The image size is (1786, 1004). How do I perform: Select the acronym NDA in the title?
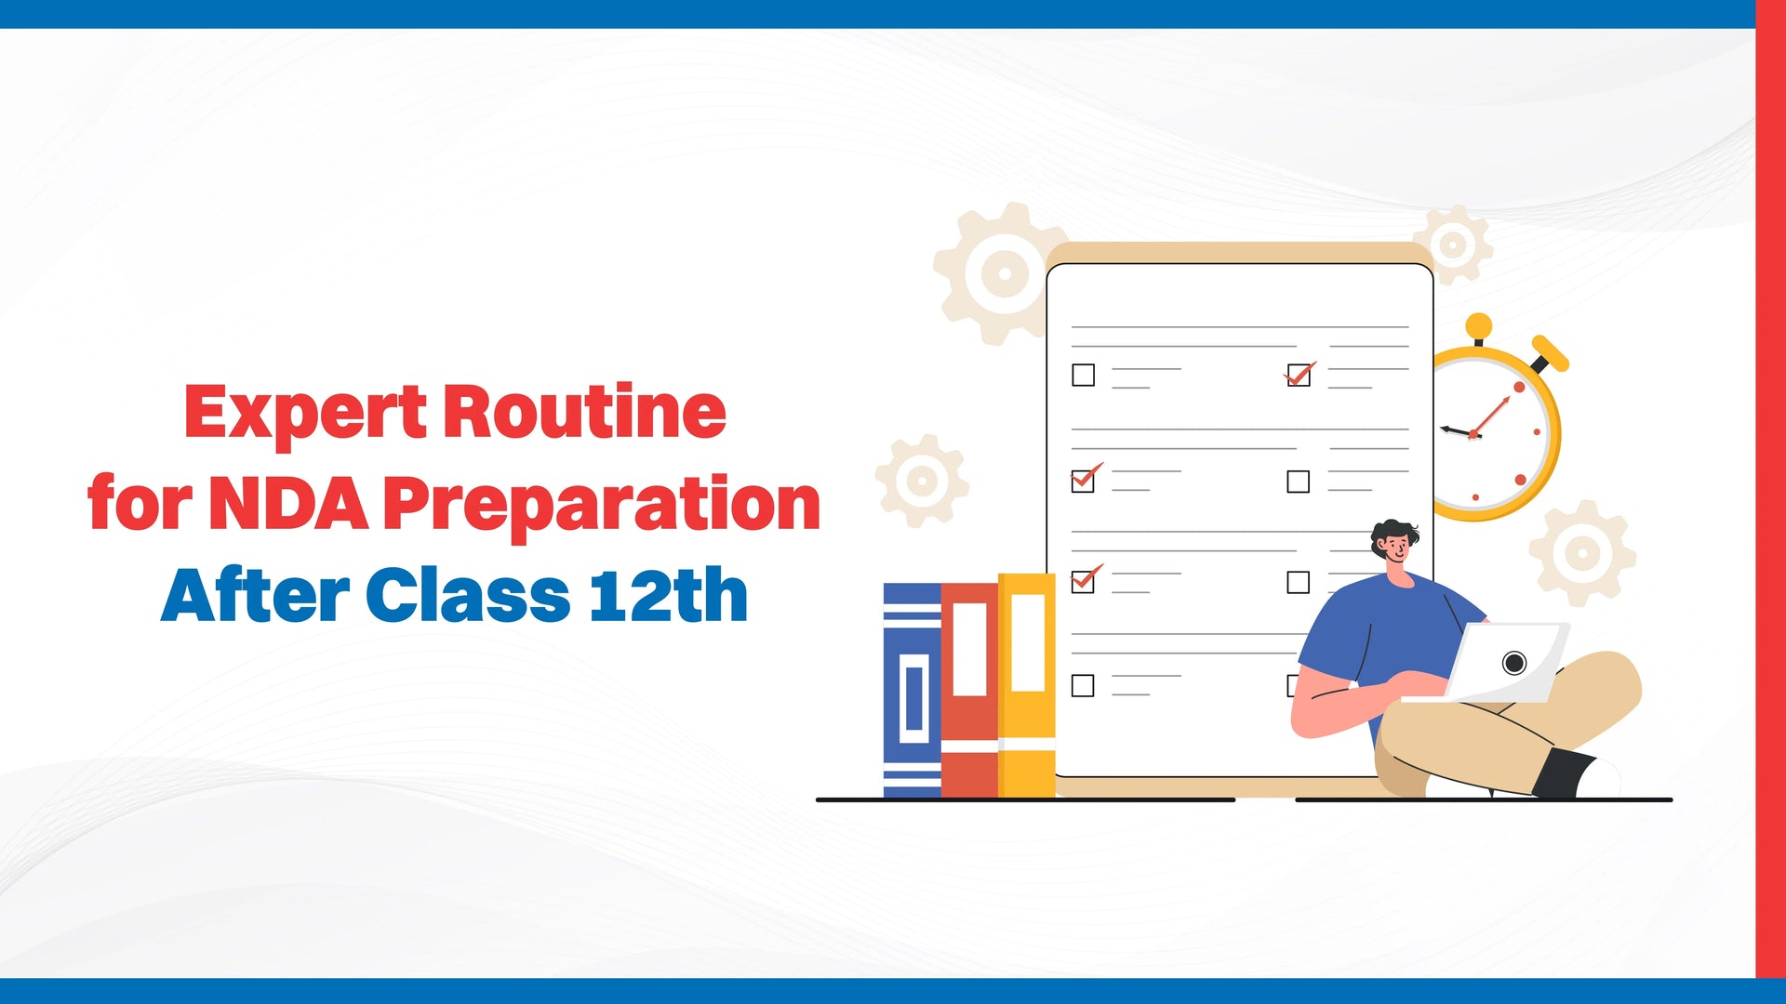point(288,503)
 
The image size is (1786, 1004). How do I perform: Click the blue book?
point(912,690)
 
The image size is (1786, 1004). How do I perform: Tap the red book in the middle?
point(969,690)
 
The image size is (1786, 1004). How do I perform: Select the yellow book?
point(1027,685)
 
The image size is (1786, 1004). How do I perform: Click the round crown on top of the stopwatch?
point(1478,327)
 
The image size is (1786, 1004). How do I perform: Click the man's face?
point(1394,548)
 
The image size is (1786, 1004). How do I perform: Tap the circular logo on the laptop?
point(1513,663)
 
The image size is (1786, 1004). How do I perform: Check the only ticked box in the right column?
point(1299,375)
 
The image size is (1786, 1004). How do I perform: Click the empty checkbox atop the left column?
point(1083,375)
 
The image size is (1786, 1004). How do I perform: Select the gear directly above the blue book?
point(922,481)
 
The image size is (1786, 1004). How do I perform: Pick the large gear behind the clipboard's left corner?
point(1000,273)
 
